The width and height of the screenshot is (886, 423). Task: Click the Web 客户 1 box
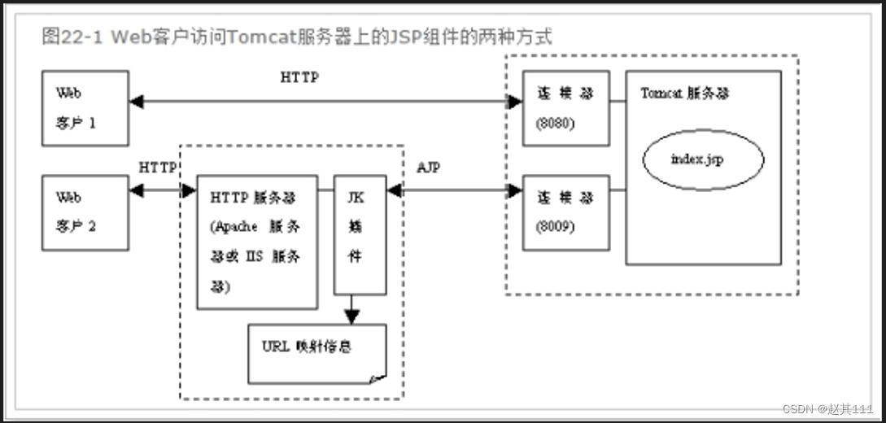click(85, 108)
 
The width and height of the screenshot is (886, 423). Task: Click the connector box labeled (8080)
click(565, 108)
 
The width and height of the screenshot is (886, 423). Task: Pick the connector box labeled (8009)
click(565, 211)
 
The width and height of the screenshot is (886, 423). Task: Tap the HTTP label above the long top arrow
click(299, 78)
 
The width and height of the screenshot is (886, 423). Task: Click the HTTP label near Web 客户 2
click(157, 168)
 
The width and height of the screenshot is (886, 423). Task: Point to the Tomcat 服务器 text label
click(684, 93)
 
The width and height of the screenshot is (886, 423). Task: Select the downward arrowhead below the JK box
click(352, 315)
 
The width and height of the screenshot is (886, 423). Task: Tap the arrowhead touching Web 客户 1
click(136, 102)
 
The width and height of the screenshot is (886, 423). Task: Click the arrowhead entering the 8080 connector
click(515, 102)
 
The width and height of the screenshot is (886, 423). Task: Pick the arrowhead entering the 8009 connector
click(515, 191)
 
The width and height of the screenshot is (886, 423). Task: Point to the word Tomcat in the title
click(256, 37)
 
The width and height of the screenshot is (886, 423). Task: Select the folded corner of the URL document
click(378, 377)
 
